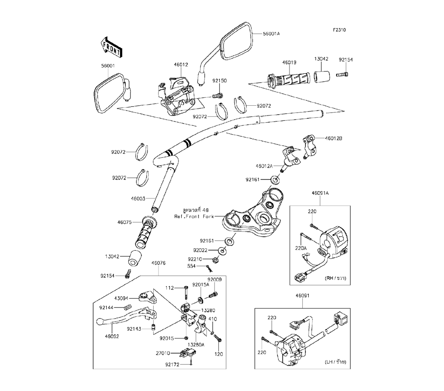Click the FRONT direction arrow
[x=111, y=46]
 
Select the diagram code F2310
[x=340, y=30]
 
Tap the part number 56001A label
[x=271, y=34]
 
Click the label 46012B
[x=334, y=138]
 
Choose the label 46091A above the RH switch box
[x=319, y=193]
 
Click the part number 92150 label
[x=219, y=81]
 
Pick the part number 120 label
[x=218, y=355]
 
